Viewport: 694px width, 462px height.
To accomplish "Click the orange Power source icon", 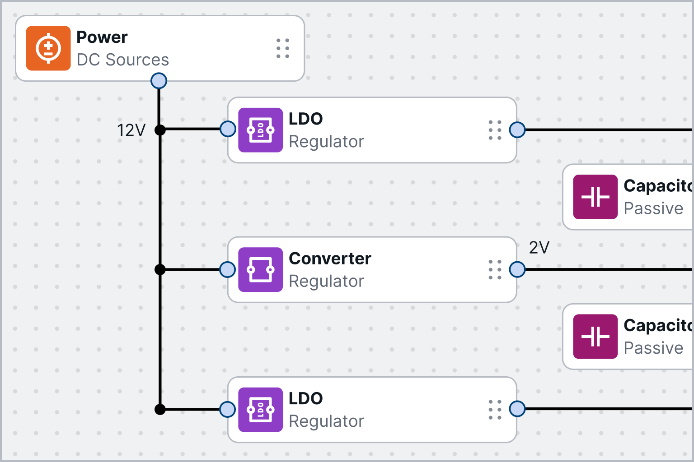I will click(48, 48).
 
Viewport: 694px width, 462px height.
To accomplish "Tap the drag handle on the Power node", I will click(283, 48).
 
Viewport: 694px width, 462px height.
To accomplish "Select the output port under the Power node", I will click(159, 81).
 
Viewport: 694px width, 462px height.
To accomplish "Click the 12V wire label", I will click(131, 130).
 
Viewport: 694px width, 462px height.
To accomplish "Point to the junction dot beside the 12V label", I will click(160, 130).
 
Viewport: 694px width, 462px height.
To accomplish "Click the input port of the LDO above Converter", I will click(228, 129).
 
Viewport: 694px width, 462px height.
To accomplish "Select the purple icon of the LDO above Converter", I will click(260, 130).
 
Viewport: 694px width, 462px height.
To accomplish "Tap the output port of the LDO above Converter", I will click(517, 130).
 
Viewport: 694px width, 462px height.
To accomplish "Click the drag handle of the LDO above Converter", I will click(495, 130).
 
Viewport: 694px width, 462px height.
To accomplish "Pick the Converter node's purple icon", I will click(260, 270).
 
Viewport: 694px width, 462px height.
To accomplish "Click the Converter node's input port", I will click(227, 269).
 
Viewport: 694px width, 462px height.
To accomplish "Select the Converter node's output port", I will click(517, 269).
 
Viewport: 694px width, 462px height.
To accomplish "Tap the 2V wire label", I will click(539, 248).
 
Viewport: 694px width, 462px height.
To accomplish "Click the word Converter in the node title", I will click(330, 259).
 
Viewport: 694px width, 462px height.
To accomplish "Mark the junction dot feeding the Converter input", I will click(160, 269).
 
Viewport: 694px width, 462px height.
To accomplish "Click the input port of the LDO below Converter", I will click(227, 409).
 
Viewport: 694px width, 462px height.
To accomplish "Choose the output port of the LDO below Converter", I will click(517, 409).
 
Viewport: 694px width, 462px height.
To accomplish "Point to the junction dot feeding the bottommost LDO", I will click(160, 409).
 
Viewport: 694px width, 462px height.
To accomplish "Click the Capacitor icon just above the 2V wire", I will click(595, 197).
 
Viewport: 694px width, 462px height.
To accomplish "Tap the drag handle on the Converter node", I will click(495, 270).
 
